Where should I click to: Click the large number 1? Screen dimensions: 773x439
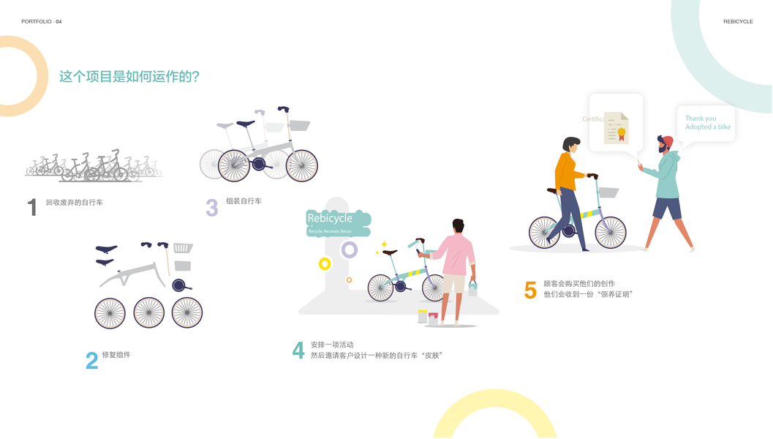(32, 208)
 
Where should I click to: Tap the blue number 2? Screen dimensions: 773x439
(91, 361)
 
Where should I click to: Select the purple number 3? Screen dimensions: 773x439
(212, 208)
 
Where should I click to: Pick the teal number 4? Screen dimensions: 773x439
(298, 350)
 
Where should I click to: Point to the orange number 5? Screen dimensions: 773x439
(530, 290)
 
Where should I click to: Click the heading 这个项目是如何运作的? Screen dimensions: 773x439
(129, 76)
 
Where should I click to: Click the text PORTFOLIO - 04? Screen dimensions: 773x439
(42, 22)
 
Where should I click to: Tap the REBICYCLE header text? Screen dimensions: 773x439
(738, 22)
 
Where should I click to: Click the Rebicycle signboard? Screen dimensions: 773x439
(339, 222)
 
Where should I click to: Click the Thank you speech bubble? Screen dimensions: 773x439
(706, 123)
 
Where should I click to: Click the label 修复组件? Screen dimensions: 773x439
(116, 355)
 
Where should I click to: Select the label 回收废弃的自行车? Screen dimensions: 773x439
(74, 202)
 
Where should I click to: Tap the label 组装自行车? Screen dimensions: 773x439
(244, 200)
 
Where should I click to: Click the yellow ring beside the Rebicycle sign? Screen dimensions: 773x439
(325, 263)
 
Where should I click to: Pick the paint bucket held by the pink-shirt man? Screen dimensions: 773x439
(472, 288)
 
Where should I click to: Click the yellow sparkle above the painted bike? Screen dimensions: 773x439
(383, 244)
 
